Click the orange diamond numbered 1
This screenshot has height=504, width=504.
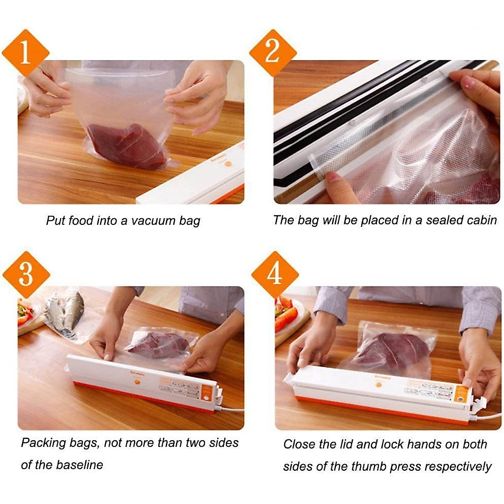click(x=26, y=53)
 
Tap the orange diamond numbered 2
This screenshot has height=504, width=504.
click(x=273, y=53)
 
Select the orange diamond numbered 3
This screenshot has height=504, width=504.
click(x=26, y=275)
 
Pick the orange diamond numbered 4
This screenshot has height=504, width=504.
click(x=275, y=275)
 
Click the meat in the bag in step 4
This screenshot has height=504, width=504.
click(x=391, y=351)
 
